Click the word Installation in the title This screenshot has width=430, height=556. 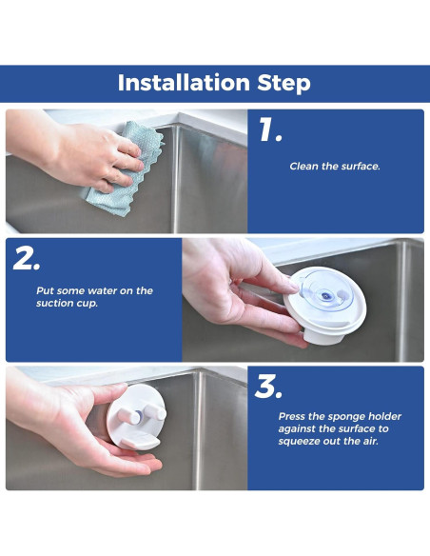185,83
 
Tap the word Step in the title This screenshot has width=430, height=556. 284,84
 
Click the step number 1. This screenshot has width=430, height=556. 270,129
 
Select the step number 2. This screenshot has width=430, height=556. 27,258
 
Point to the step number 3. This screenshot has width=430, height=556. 268,387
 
